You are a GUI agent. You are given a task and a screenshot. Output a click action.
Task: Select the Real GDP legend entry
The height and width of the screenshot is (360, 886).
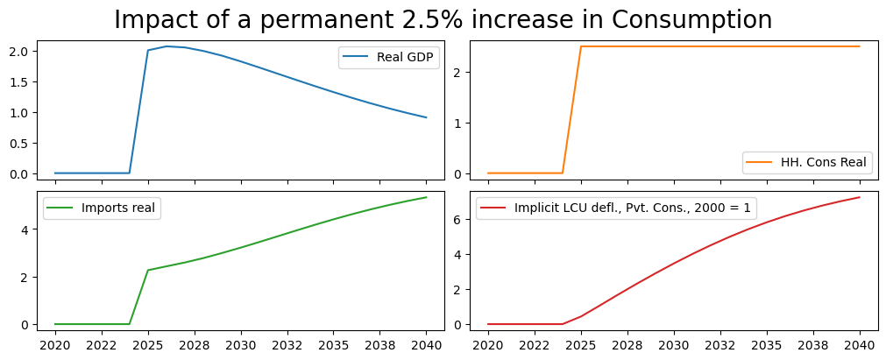pos(389,58)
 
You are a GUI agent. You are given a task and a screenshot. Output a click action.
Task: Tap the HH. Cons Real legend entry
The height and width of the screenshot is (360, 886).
pos(806,162)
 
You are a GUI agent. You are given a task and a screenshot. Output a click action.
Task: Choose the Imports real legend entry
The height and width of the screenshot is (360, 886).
pos(102,208)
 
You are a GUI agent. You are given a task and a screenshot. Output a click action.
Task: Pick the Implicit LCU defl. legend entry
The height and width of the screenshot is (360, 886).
pos(616,208)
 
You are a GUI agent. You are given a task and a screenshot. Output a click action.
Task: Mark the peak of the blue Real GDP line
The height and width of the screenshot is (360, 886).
pos(167,46)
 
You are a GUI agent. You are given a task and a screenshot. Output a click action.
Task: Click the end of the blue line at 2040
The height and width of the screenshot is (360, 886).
pos(426,117)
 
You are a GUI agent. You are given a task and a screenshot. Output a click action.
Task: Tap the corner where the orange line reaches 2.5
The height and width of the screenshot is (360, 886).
pos(581,46)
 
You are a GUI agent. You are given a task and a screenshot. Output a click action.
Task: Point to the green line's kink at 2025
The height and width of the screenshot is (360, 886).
pos(148,270)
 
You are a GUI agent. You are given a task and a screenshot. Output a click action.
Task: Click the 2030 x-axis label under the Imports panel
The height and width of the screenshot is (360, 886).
pos(241,345)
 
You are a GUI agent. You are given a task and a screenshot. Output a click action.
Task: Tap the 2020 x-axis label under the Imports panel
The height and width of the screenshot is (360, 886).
pos(55,345)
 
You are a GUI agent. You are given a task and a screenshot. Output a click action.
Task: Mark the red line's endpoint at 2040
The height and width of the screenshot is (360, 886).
pos(859,197)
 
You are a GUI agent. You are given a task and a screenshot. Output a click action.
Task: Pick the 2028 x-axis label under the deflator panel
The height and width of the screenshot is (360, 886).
pos(627,345)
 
